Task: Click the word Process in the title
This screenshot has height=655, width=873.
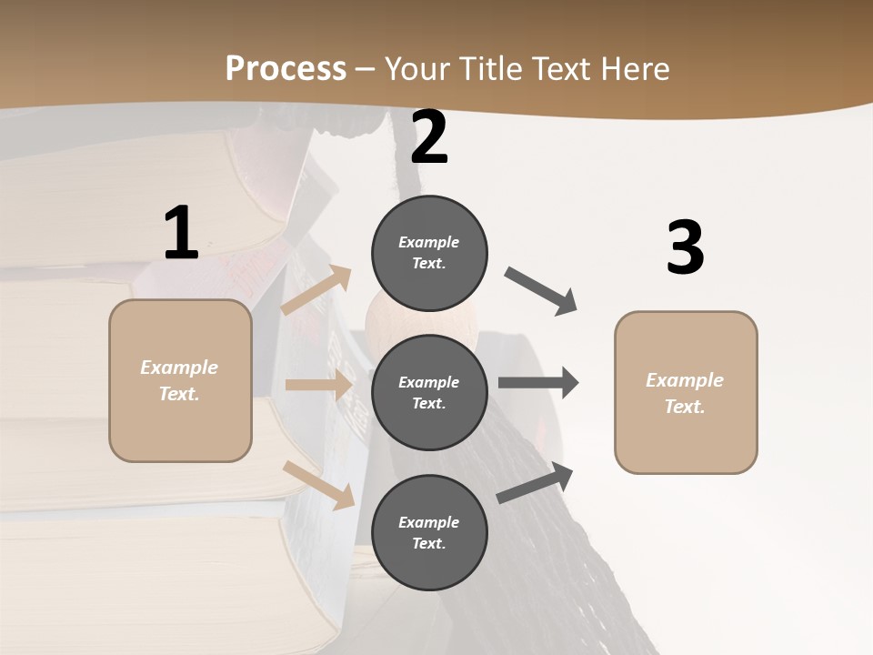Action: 286,68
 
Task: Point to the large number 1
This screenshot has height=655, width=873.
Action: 181,234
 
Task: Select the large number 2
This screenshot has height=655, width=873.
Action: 429,137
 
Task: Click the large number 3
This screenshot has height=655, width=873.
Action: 685,247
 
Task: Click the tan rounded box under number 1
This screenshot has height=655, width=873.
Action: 180,380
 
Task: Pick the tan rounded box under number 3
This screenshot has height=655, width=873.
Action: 686,393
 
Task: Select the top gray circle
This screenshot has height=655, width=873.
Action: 429,253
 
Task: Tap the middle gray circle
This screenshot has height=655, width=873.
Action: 429,392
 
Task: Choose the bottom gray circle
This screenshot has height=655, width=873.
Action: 429,532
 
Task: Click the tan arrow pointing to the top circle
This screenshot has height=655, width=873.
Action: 316,290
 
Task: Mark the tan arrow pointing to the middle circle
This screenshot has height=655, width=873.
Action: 317,385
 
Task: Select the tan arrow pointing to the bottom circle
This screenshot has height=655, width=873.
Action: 318,485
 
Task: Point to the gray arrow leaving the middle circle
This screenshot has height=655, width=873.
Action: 538,383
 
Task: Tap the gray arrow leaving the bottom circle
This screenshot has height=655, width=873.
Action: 535,482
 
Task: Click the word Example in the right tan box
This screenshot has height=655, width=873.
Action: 685,380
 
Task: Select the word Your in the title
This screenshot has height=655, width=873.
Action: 418,68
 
